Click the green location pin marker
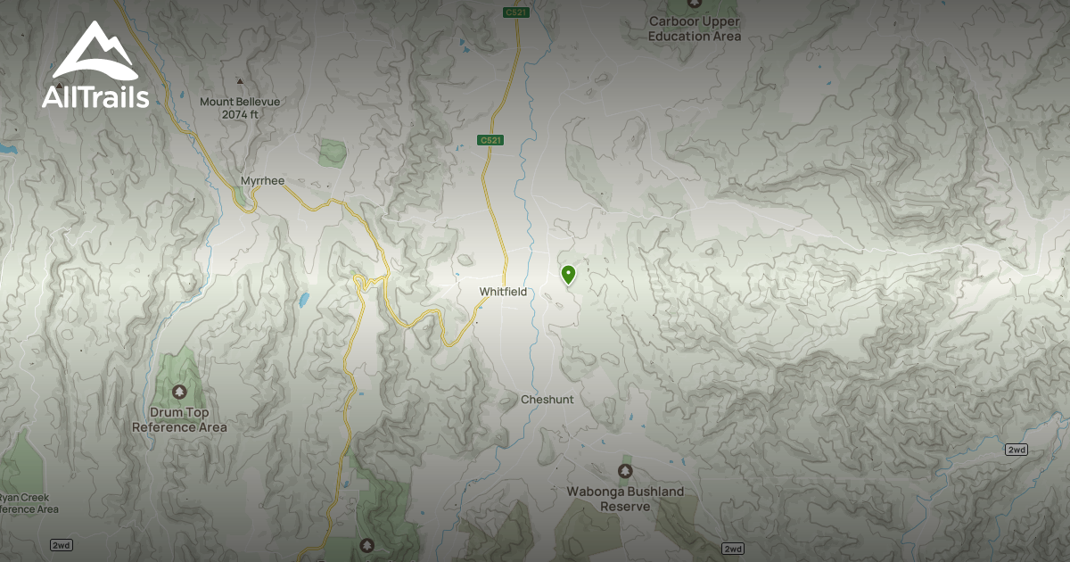568,274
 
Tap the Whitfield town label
503,292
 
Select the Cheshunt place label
547,400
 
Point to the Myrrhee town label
262,181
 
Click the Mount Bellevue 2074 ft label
240,108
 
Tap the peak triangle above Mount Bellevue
238,81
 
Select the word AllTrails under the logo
95,97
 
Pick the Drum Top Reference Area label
179,420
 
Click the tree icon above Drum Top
179,392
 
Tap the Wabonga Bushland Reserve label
625,499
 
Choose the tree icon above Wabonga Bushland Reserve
625,470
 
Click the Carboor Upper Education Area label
695,29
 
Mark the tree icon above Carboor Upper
695,3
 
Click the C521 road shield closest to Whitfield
490,141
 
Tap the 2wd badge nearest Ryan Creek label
62,544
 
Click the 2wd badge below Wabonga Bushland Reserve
732,549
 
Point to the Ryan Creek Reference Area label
27,503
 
